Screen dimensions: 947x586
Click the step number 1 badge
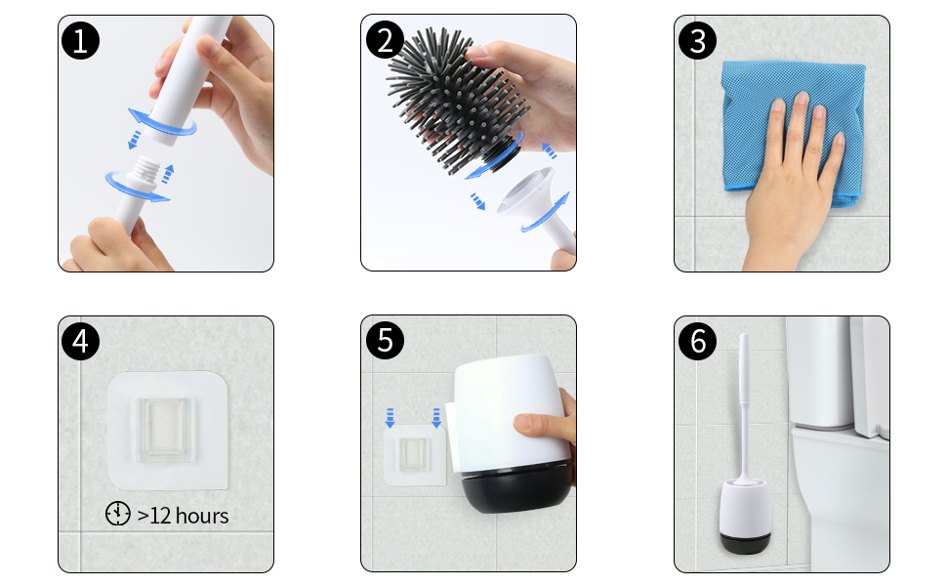80,40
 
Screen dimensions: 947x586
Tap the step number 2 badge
385,40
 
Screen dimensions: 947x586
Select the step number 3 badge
698,40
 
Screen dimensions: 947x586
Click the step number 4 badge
80,341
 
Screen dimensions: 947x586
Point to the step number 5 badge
385,341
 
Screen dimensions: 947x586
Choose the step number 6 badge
698,341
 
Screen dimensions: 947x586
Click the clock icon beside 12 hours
118,514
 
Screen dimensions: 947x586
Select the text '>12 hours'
183,516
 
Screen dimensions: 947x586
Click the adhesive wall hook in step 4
167,430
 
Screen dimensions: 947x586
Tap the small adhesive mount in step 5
415,454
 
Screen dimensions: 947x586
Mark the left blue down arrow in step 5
391,417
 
